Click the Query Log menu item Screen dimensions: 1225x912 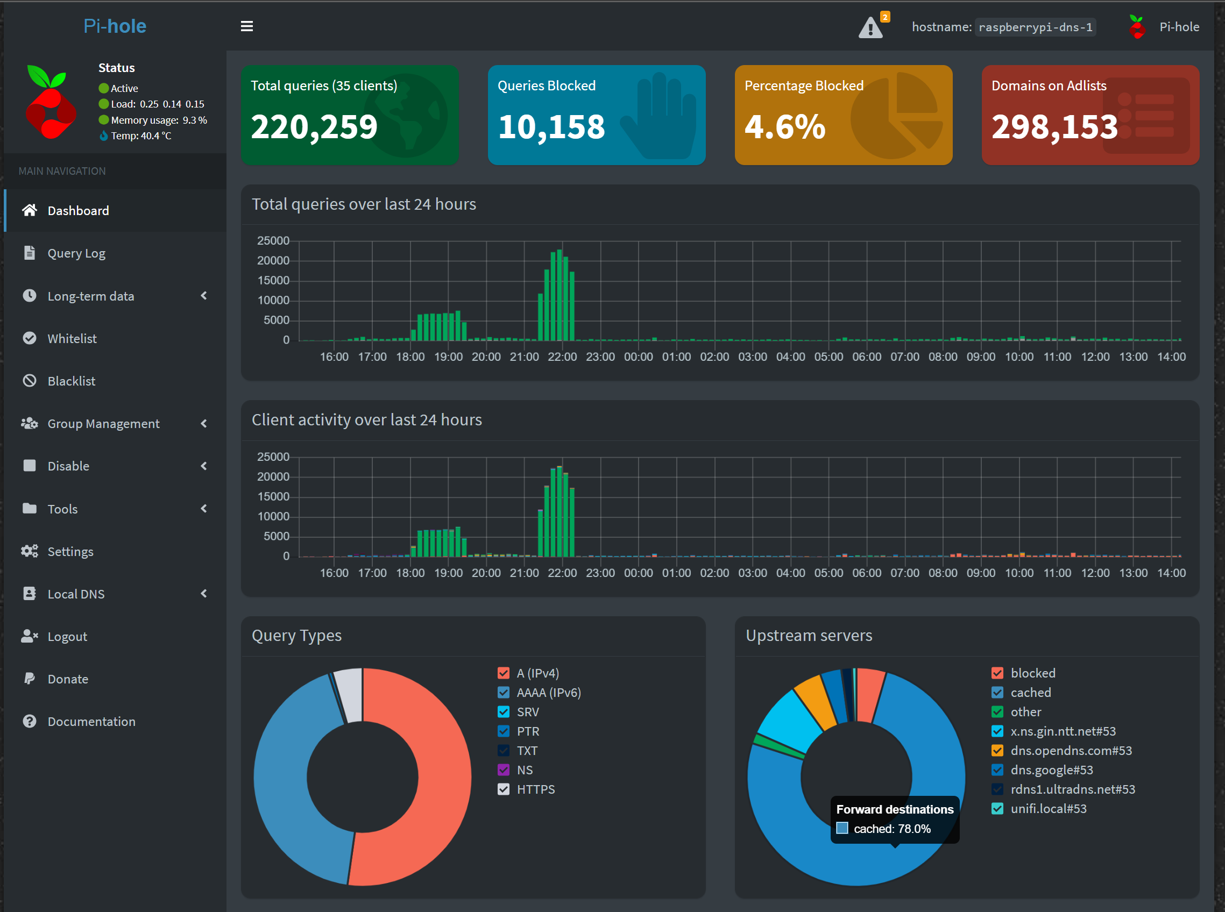pyautogui.click(x=76, y=253)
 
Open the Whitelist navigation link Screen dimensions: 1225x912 pyautogui.click(x=72, y=338)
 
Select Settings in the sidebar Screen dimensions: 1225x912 pyautogui.click(x=70, y=552)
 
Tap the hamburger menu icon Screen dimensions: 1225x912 pyautogui.click(x=247, y=26)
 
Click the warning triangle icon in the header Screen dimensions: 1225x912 pyautogui.click(x=870, y=27)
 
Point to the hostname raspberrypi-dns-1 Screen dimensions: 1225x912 pyautogui.click(x=1036, y=27)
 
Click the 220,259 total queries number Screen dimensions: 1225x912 pyautogui.click(x=314, y=127)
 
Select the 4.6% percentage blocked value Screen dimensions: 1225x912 pyautogui.click(x=785, y=127)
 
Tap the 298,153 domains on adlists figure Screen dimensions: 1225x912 pyautogui.click(x=1054, y=127)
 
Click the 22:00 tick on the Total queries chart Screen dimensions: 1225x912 pyautogui.click(x=562, y=357)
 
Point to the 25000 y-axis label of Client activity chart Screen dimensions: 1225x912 pyautogui.click(x=273, y=457)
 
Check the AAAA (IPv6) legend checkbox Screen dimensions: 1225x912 pyautogui.click(x=504, y=692)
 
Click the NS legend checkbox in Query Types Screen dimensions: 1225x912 pyautogui.click(x=504, y=769)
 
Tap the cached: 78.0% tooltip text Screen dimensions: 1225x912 pyautogui.click(x=892, y=829)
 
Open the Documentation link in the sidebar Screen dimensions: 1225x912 pyautogui.click(x=91, y=722)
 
